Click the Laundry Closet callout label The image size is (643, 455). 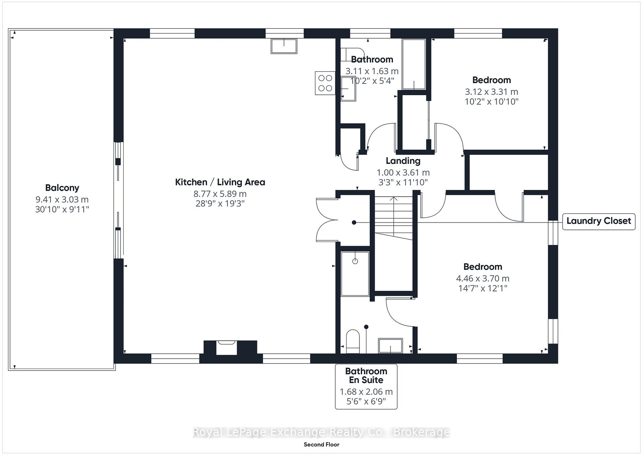point(599,221)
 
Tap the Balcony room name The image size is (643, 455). point(62,188)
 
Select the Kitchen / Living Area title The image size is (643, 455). point(220,182)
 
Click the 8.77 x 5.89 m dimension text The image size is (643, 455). point(220,194)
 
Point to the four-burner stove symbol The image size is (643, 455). point(325,83)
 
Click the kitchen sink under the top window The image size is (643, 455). point(284,46)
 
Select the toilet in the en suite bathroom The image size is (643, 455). point(353,341)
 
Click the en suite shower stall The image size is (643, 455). point(355,274)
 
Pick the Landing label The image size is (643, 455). point(403,161)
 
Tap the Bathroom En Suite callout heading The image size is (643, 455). point(366,375)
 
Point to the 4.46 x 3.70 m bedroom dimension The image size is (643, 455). point(483,278)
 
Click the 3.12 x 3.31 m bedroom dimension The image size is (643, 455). point(491,92)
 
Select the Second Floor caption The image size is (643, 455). point(321,445)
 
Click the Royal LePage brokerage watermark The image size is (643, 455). point(321,432)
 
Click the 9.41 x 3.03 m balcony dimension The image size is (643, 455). point(62,199)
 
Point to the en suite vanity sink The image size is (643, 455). point(391,346)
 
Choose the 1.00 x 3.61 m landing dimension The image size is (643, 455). point(403,173)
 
